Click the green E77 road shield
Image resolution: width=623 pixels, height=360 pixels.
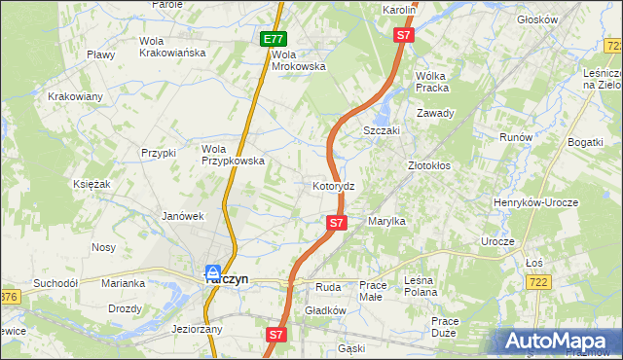pos(274,40)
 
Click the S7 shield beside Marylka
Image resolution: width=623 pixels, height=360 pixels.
pos(336,223)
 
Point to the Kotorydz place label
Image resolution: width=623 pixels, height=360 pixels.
pos(339,185)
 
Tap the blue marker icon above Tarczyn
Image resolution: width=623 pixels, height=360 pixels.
pos(212,271)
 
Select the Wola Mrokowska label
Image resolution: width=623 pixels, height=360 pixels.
pos(298,60)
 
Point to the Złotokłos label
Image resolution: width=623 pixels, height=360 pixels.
pos(428,166)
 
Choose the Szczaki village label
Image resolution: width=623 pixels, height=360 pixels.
pos(381,130)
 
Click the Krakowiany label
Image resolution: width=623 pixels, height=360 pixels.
pos(76,96)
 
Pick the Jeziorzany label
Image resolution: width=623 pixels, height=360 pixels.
pos(197,329)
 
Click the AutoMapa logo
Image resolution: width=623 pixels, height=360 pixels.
pos(556,341)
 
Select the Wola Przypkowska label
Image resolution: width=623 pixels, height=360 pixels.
pos(233,156)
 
